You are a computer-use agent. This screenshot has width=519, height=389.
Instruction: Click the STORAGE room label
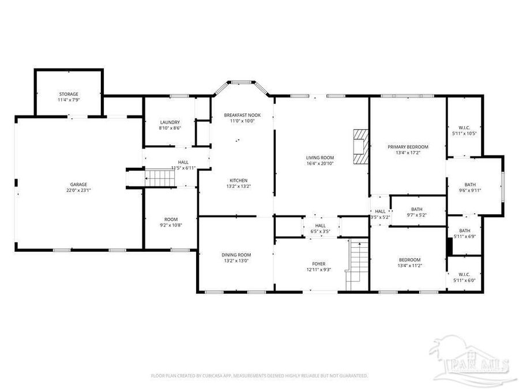tap(68, 94)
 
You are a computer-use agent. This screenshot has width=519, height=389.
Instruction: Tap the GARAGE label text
tap(79, 184)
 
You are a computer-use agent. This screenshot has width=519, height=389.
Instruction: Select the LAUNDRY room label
tap(170, 122)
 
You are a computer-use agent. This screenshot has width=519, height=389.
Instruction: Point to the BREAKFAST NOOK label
tap(242, 115)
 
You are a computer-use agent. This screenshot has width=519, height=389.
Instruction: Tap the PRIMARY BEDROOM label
tap(408, 147)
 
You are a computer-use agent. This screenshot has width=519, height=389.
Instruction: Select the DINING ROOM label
tap(236, 255)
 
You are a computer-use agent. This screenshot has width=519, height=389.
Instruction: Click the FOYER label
tap(319, 264)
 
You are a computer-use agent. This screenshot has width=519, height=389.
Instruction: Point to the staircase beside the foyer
tap(358, 265)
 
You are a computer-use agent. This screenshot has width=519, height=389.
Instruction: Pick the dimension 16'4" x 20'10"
tap(320, 164)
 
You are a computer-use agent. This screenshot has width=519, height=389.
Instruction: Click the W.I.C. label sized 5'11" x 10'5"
tap(465, 127)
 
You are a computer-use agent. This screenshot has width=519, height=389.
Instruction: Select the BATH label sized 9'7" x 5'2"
tap(417, 209)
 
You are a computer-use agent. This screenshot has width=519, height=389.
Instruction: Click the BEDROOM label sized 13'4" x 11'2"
tap(409, 260)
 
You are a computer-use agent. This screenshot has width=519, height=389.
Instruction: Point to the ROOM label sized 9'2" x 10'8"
tap(171, 219)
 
